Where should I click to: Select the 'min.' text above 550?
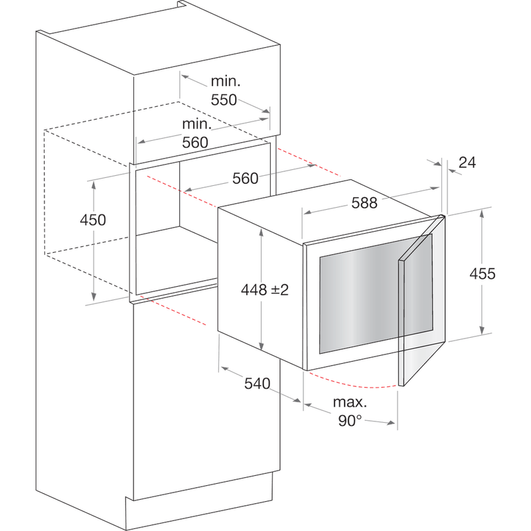pyautogui.click(x=225, y=82)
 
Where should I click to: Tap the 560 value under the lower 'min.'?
pyautogui.click(x=196, y=142)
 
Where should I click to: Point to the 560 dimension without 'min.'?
pyautogui.click(x=245, y=178)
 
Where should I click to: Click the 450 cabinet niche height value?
pyautogui.click(x=93, y=220)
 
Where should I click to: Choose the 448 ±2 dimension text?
pyautogui.click(x=265, y=290)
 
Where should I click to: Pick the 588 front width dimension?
pyautogui.click(x=364, y=203)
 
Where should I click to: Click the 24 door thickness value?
pyautogui.click(x=467, y=162)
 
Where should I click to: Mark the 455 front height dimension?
pyautogui.click(x=482, y=273)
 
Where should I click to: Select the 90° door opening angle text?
pyautogui.click(x=349, y=420)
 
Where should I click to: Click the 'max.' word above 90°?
pyautogui.click(x=350, y=403)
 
